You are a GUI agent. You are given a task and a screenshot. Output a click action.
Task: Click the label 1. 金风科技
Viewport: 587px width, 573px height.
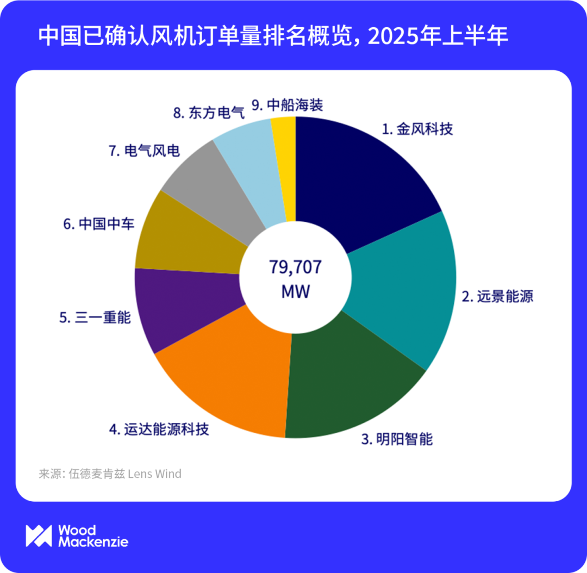(417, 129)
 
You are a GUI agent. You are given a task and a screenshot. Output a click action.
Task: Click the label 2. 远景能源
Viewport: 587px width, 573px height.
(497, 296)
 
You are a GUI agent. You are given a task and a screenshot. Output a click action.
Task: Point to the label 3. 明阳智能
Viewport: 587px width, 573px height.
(397, 439)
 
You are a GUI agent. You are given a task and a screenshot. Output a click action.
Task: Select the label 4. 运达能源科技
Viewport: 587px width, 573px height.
(159, 429)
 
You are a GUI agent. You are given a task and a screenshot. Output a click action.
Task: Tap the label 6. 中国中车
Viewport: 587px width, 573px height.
(99, 223)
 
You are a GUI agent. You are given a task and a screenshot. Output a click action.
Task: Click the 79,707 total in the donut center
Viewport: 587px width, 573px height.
(295, 267)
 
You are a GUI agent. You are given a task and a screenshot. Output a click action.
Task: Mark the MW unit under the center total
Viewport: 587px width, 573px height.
(295, 291)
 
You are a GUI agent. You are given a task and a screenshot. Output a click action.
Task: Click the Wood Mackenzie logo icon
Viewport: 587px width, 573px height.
(39, 535)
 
